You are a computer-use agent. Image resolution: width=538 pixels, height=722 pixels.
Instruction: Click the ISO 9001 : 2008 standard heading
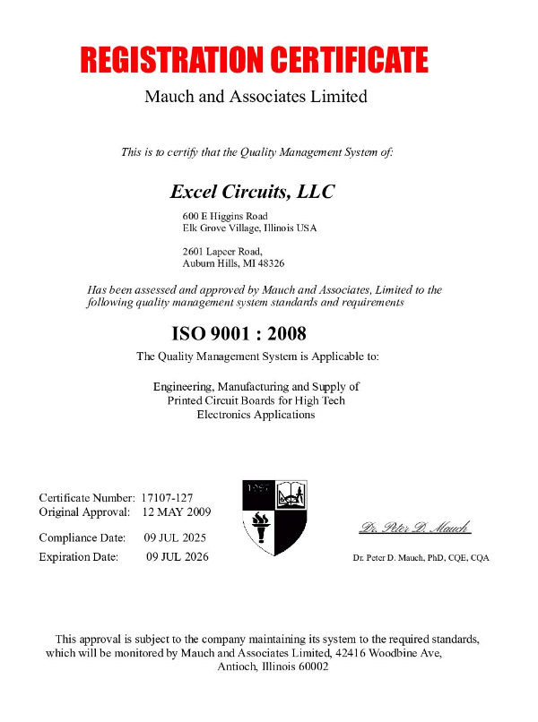click(x=239, y=334)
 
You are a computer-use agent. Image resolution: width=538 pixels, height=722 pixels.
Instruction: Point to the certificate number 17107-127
click(x=168, y=497)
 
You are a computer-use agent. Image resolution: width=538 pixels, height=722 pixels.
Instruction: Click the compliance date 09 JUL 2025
click(x=176, y=538)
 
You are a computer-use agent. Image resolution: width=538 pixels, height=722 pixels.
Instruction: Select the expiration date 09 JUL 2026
click(x=177, y=557)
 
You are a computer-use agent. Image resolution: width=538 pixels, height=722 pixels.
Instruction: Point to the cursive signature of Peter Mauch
click(x=415, y=527)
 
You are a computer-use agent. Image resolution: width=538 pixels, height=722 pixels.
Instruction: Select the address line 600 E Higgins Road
click(x=225, y=216)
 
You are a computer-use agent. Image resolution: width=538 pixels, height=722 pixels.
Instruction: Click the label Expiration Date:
click(x=79, y=557)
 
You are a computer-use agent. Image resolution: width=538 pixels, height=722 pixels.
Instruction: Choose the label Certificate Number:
click(x=87, y=497)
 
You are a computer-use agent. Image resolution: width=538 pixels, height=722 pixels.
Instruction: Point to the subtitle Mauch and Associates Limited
click(x=256, y=97)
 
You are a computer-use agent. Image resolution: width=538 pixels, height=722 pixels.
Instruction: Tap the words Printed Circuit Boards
click(x=223, y=400)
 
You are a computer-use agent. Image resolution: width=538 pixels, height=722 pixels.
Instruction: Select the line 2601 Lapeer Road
click(x=222, y=252)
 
